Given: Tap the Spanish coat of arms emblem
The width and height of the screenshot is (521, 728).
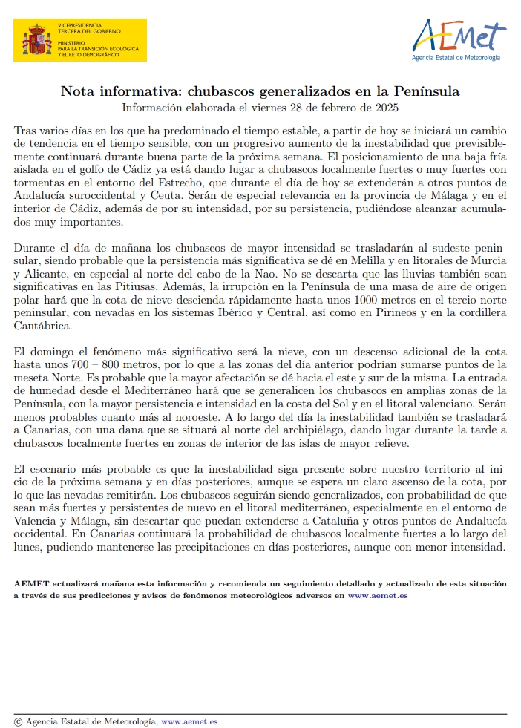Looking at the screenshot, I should (x=35, y=40).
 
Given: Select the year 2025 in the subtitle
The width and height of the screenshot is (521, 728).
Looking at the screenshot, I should (x=387, y=108).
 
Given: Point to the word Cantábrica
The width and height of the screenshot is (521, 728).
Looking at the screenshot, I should (x=42, y=326).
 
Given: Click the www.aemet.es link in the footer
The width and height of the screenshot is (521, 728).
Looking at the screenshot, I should (x=189, y=721).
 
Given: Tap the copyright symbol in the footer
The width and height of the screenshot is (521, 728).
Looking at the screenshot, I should (x=18, y=721).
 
